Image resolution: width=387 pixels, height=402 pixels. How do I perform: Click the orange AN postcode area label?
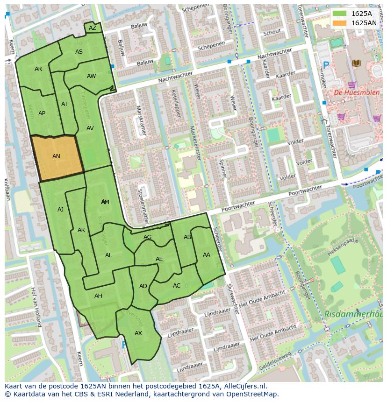coord(56,156)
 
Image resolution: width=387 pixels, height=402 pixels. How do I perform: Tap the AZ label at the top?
coord(93,28)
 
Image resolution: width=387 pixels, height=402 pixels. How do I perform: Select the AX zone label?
coord(138,333)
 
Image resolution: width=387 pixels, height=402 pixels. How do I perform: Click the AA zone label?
coord(207,254)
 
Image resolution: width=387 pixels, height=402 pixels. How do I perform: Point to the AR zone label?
coord(38,69)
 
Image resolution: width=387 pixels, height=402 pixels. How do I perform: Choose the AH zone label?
coord(98,296)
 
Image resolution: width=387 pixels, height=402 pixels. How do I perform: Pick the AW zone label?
coord(91,76)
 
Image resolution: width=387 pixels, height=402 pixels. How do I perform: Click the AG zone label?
coord(148,237)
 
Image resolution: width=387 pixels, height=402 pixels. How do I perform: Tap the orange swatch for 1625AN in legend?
coord(340,22)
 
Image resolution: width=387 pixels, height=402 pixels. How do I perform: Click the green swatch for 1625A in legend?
coord(340,14)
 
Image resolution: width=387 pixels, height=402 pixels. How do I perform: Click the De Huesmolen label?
coord(350,92)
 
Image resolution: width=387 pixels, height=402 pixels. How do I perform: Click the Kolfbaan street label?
coord(7,189)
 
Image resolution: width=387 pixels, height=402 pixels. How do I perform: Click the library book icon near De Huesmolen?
coord(356,63)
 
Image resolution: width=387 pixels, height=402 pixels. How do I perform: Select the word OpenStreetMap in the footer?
coord(251,394)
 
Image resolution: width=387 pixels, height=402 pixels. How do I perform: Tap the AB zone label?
coord(187,237)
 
